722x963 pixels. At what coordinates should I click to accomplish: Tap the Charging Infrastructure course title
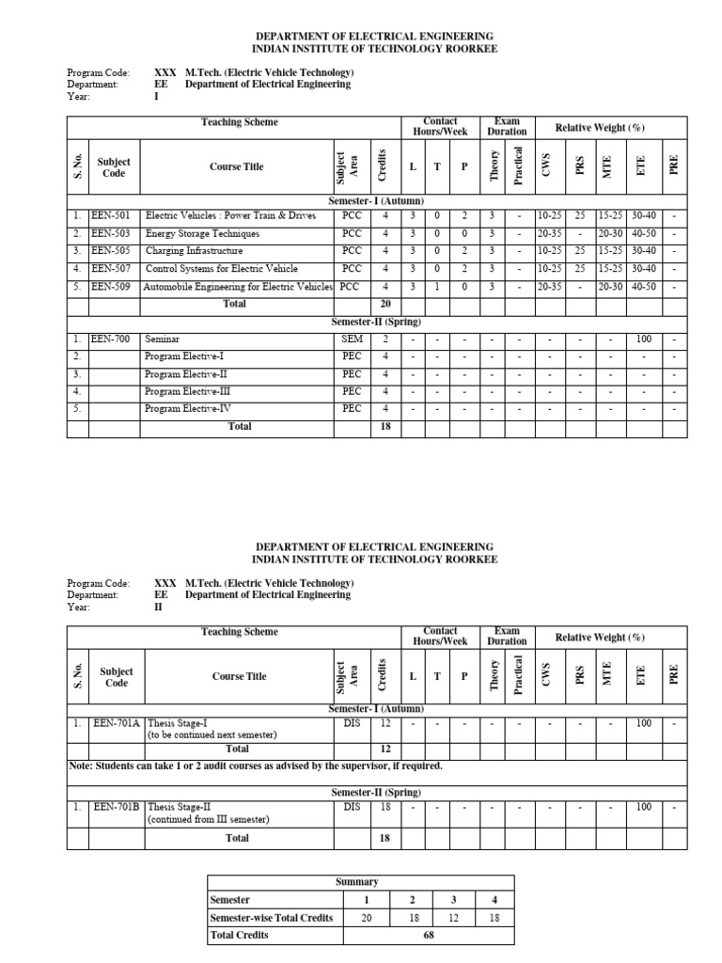pos(194,251)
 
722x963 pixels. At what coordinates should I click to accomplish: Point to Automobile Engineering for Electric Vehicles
pos(237,287)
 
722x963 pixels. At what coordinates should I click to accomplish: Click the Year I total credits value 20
pos(384,304)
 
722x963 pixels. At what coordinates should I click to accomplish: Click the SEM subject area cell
pos(352,338)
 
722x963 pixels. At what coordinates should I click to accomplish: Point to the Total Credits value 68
pos(428,935)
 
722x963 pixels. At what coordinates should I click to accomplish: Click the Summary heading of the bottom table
pos(356,882)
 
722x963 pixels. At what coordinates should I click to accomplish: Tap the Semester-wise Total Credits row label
pos(271,918)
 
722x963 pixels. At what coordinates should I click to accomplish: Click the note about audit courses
pos(256,766)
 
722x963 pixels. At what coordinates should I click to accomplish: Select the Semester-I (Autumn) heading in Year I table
pos(376,201)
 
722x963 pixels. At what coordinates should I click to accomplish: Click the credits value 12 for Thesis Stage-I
pos(385,724)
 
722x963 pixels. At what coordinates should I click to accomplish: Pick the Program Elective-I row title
pos(184,356)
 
